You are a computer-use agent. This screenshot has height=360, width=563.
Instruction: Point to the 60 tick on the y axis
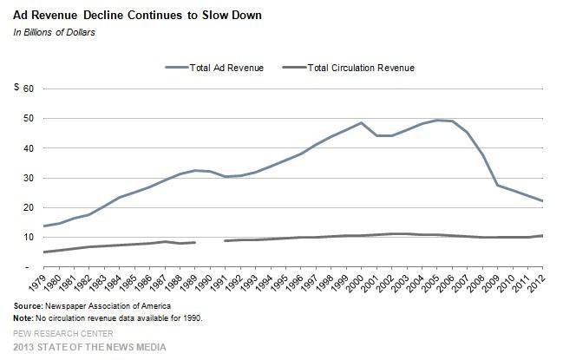pyautogui.click(x=29, y=88)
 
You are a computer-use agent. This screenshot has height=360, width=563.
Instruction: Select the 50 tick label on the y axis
pyautogui.click(x=29, y=118)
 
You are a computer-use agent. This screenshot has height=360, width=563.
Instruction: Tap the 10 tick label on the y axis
pyautogui.click(x=29, y=238)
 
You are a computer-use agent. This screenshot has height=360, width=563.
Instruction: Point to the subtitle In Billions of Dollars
pyautogui.click(x=55, y=32)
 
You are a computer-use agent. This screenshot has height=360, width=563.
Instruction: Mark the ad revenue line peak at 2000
pyautogui.click(x=362, y=122)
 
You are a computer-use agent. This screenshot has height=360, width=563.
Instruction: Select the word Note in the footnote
pyautogui.click(x=23, y=318)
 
